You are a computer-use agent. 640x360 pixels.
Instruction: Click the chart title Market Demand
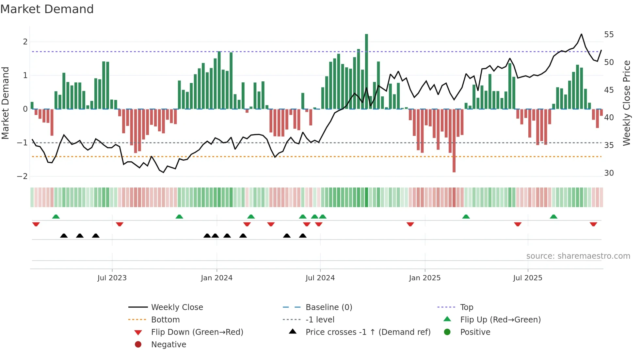pyautogui.click(x=47, y=9)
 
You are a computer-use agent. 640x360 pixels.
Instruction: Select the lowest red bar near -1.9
pyautogui.click(x=454, y=140)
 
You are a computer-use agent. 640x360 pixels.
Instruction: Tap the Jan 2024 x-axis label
pyautogui.click(x=216, y=278)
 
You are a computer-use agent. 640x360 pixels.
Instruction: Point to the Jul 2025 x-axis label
pyautogui.click(x=527, y=278)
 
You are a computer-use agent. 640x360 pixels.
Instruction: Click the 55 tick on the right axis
pyautogui.click(x=609, y=35)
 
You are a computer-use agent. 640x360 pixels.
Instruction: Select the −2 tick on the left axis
pyautogui.click(x=23, y=176)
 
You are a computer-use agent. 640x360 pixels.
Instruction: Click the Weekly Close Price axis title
pyautogui.click(x=626, y=103)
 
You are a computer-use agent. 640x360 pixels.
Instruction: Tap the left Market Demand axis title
pyautogui.click(x=5, y=103)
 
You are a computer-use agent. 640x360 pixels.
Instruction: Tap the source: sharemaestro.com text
pyautogui.click(x=578, y=256)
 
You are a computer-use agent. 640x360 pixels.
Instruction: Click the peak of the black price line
pyautogui.click(x=581, y=34)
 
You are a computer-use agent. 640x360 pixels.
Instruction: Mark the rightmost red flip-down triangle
pyautogui.click(x=593, y=224)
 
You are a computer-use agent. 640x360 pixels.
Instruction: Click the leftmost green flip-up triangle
pyautogui.click(x=56, y=217)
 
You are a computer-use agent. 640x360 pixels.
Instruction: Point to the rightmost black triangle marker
pyautogui.click(x=303, y=236)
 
